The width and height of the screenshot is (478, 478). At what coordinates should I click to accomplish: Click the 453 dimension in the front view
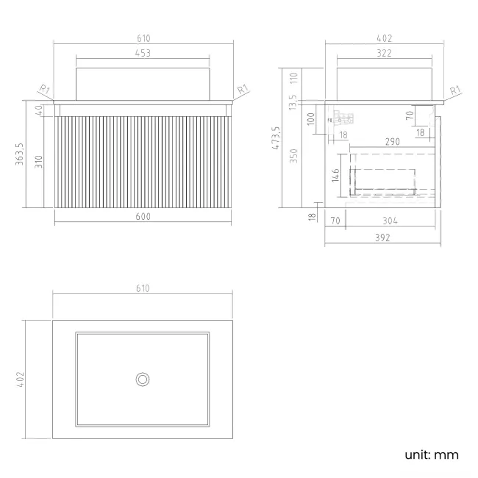[x=143, y=53]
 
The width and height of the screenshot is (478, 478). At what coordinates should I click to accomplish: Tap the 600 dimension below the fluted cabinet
[x=143, y=216]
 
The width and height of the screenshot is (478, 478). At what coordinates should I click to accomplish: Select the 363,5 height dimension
[x=20, y=154]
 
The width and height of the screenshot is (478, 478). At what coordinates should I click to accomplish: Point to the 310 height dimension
[x=39, y=162]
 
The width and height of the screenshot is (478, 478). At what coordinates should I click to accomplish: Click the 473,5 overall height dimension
[x=276, y=138]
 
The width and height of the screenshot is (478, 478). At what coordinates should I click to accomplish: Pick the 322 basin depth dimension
[x=384, y=53]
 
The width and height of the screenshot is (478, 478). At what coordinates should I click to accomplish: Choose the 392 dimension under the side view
[x=382, y=238]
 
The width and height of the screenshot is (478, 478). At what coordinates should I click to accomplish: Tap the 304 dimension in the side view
[x=390, y=221]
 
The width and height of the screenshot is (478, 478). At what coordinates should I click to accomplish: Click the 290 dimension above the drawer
[x=393, y=142]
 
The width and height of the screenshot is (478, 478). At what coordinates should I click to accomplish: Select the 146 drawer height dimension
[x=335, y=175]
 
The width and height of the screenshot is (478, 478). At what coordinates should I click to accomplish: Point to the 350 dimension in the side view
[x=293, y=156]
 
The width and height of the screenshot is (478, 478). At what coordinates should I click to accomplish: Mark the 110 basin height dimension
[x=293, y=78]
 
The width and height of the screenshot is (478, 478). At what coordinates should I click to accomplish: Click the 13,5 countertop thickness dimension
[x=293, y=102]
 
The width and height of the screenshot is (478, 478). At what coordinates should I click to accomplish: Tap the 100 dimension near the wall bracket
[x=310, y=119]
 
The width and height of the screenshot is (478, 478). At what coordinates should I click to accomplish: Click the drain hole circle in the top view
[x=143, y=379]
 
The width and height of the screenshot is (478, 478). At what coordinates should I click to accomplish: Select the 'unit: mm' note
[x=432, y=454]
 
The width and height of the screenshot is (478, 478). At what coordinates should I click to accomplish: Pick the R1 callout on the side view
[x=455, y=90]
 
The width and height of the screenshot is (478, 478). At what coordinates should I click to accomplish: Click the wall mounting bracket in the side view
[x=342, y=118]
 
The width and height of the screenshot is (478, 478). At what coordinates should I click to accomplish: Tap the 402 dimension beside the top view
[x=20, y=379]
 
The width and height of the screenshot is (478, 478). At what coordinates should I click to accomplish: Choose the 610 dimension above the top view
[x=143, y=288]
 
